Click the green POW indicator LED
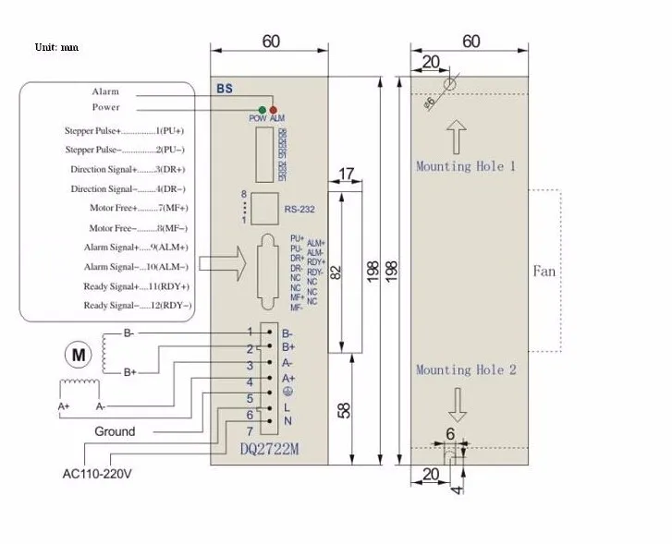tap(263, 110)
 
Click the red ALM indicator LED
tap(273, 110)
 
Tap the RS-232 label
tap(299, 209)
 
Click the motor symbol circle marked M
tap(78, 353)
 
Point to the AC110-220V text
tap(96, 475)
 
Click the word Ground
tap(114, 431)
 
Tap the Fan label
tap(544, 271)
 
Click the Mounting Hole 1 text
tap(465, 166)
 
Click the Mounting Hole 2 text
tap(465, 369)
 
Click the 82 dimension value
tap(336, 272)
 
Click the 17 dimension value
tap(347, 174)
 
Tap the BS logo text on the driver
tap(225, 90)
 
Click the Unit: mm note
tap(56, 46)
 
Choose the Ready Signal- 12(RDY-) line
tap(137, 306)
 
